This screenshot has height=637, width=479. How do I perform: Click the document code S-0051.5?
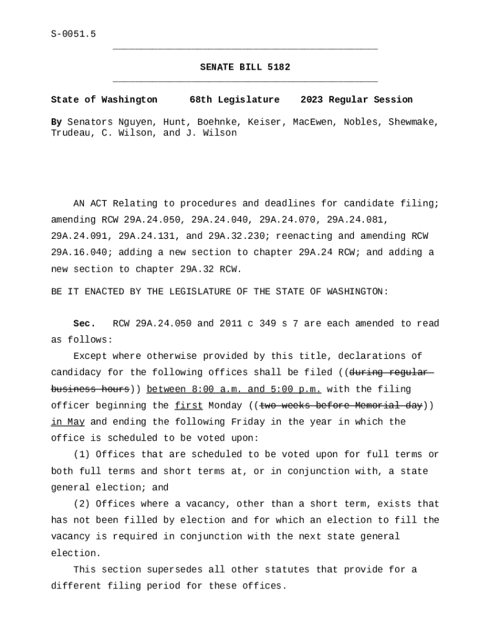pyautogui.click(x=73, y=34)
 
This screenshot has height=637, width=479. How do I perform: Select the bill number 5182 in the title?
pyautogui.click(x=279, y=67)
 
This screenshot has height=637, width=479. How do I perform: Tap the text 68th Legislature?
pyautogui.click(x=235, y=100)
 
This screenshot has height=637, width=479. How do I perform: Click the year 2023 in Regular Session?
pyautogui.click(x=312, y=100)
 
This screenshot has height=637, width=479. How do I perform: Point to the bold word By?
pyautogui.click(x=56, y=122)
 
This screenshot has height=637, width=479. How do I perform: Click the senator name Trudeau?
pyautogui.click(x=70, y=133)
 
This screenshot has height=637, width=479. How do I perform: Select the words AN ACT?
pyautogui.click(x=90, y=203)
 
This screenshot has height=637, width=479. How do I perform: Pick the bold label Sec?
pyautogui.click(x=84, y=323)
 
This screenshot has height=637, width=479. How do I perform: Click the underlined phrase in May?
pyautogui.click(x=68, y=422)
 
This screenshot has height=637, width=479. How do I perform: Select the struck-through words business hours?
pyautogui.click(x=90, y=389)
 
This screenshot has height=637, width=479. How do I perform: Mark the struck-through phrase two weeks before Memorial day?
pyautogui.click(x=341, y=406)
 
